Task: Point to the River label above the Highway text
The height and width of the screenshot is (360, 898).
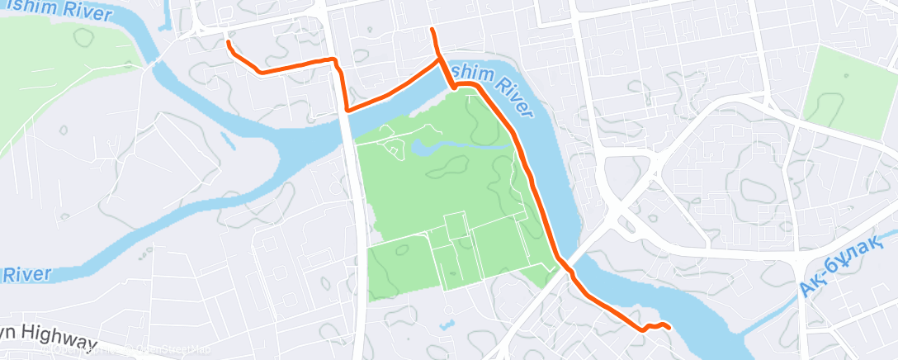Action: point(27,274)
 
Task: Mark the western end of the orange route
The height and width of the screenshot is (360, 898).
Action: point(228,41)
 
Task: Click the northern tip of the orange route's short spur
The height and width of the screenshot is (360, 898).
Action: point(432,30)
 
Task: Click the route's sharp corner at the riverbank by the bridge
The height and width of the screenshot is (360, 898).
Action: point(347,110)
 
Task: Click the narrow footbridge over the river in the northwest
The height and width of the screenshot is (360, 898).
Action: point(154,62)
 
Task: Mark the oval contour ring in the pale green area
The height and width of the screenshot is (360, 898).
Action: point(83,37)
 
